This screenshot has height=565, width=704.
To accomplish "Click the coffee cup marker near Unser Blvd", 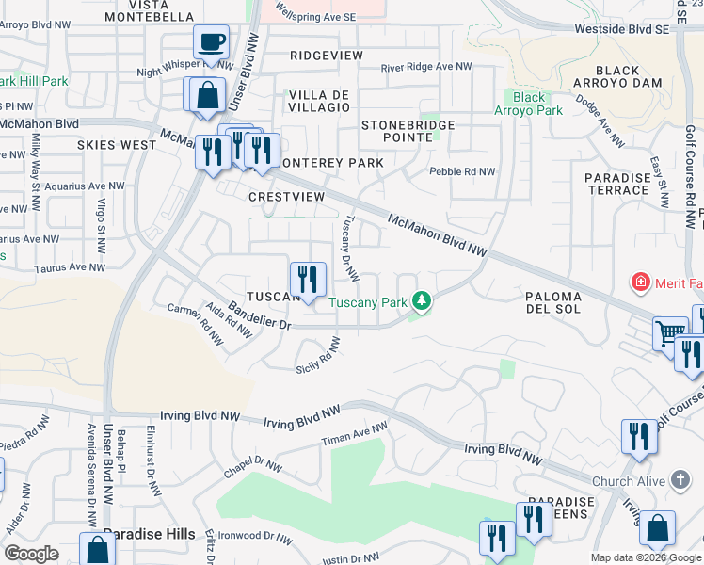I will click(212, 42).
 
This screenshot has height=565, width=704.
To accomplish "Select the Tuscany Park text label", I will click(368, 302).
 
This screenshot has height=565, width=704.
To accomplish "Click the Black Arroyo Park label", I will click(529, 104).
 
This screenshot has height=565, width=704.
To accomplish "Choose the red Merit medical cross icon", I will click(641, 282).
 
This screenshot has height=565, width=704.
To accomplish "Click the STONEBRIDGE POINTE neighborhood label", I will click(408, 131).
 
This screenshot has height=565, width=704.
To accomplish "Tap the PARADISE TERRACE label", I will click(617, 184).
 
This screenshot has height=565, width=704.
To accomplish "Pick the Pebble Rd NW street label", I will click(462, 171).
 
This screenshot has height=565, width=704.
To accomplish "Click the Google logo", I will click(31, 554).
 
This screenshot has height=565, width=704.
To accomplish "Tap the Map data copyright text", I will click(645, 557).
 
